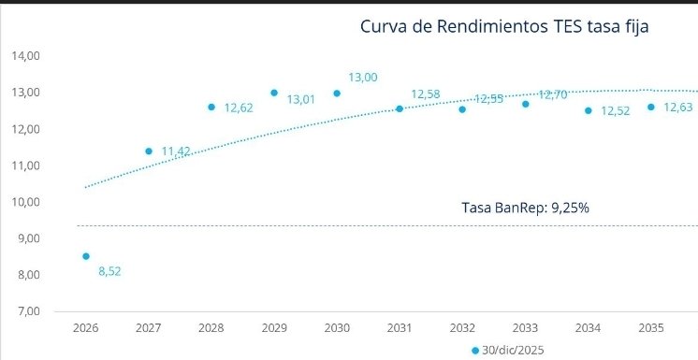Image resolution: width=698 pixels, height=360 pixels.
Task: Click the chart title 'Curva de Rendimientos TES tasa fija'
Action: (x=504, y=26)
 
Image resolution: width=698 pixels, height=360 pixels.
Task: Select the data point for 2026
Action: (x=86, y=256)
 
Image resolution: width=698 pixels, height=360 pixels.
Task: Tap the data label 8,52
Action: (x=110, y=272)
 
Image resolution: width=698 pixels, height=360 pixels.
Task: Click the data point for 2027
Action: (x=149, y=151)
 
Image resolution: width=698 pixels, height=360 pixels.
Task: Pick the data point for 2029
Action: (x=274, y=93)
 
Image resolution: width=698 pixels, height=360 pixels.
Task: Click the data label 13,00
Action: (x=363, y=78)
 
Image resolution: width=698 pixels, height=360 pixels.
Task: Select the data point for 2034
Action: (x=589, y=110)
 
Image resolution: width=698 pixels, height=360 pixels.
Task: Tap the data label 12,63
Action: (x=677, y=108)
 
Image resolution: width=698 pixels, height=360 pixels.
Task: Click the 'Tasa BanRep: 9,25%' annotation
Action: (x=525, y=208)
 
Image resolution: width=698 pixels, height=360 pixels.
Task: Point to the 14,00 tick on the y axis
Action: (x=24, y=56)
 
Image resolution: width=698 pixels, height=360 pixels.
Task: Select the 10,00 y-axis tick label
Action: (x=24, y=202)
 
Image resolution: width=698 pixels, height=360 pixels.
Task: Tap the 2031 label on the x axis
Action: (x=400, y=329)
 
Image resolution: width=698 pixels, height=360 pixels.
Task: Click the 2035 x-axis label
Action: (x=650, y=329)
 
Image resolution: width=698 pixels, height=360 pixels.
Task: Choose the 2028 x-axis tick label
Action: (x=211, y=329)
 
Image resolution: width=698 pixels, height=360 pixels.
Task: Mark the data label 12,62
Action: (x=239, y=108)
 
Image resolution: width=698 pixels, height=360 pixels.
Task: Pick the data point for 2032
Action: (x=462, y=109)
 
